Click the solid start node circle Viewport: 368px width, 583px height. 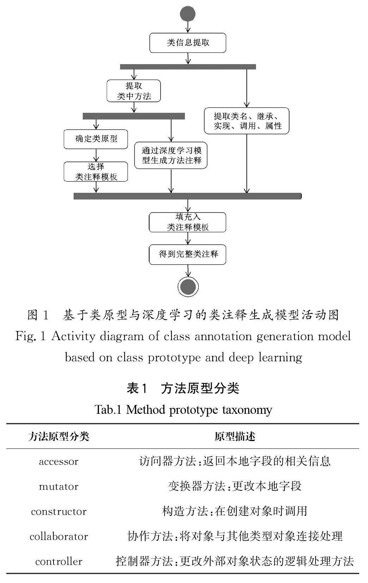187,14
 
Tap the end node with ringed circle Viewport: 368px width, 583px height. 188,286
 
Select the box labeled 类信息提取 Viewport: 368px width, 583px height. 188,43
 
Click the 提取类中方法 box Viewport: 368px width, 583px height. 134,91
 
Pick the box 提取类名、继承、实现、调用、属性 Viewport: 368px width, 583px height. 247,121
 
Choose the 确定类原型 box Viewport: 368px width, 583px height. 96,139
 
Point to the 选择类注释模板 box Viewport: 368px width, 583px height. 96,172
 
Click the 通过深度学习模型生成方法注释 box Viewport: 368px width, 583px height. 171,155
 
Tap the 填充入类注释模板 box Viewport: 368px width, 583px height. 188,222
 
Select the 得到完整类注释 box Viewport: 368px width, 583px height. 188,254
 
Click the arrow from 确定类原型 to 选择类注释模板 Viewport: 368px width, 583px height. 96,155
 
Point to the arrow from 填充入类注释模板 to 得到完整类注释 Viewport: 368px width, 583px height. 188,239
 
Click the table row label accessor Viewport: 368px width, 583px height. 59,462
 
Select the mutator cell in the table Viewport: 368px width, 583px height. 59,487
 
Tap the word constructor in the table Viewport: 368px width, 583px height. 59,512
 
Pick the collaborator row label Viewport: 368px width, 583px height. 59,537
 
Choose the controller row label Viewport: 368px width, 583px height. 59,561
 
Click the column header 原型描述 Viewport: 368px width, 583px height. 235,437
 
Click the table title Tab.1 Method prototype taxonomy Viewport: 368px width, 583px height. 183,410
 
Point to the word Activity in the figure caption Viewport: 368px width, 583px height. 73,337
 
